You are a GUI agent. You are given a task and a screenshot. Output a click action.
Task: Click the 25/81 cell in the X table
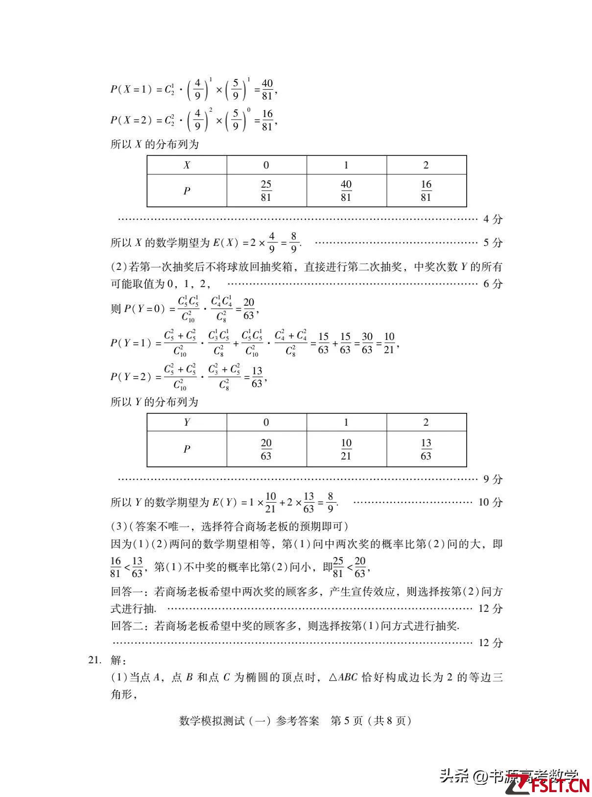[x=266, y=191]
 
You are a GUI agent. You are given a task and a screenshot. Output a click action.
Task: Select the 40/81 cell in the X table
[x=346, y=191]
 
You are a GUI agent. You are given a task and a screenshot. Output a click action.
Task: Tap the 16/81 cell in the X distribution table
[x=426, y=191]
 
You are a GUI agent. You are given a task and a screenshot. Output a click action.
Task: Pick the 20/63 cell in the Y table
[x=266, y=449]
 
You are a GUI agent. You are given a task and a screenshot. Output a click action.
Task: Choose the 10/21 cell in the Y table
[x=346, y=449]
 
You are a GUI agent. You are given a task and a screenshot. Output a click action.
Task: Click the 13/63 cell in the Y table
[x=426, y=449]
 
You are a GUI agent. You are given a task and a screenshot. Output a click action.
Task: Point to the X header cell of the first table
[x=187, y=165]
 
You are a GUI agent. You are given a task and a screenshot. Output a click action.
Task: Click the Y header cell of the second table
[x=187, y=422]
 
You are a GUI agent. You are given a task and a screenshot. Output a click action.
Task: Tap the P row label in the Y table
[x=187, y=449]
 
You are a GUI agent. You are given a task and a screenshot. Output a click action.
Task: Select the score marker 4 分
[x=493, y=219]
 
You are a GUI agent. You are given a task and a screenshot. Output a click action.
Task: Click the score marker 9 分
[x=493, y=479]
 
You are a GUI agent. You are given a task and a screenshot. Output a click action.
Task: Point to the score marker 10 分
[x=490, y=502]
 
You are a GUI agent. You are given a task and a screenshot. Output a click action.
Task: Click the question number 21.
[x=94, y=660]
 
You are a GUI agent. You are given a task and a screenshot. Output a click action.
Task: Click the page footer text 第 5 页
[x=347, y=721]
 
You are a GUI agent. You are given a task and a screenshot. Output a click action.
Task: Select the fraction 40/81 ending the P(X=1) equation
[x=267, y=89]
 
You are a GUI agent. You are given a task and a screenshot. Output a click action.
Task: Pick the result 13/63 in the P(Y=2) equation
[x=257, y=377]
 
